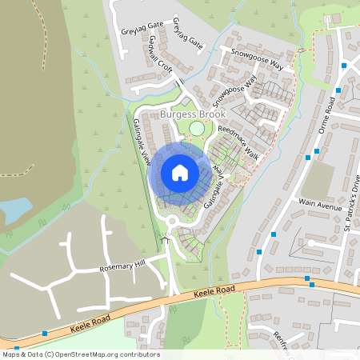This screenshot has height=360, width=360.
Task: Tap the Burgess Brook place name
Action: pos(193,114)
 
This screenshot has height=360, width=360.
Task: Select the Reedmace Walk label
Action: pos(239,141)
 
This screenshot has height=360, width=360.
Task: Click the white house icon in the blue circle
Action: pos(180,173)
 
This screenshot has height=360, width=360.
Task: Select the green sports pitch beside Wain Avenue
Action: pos(318,180)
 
